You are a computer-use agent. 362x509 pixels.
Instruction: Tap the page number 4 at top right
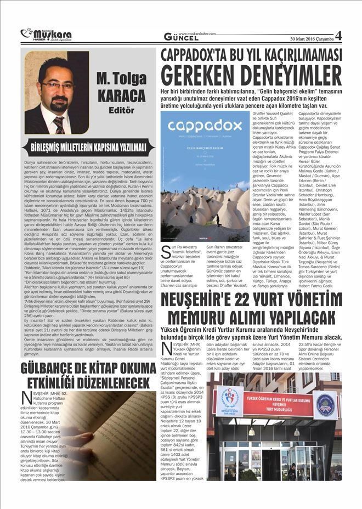point(338,36)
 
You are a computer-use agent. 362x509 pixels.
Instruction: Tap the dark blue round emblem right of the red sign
point(325,405)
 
